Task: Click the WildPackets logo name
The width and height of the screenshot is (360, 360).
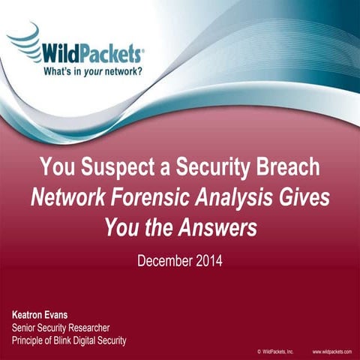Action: tap(94, 53)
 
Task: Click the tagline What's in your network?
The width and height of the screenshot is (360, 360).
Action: tap(91, 72)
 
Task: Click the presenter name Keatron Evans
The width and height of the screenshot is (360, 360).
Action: tap(43, 316)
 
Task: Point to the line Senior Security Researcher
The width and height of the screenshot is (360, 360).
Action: tap(61, 328)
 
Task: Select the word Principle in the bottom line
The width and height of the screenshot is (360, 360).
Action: tap(31, 340)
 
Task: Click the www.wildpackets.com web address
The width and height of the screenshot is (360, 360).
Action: tap(331, 351)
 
